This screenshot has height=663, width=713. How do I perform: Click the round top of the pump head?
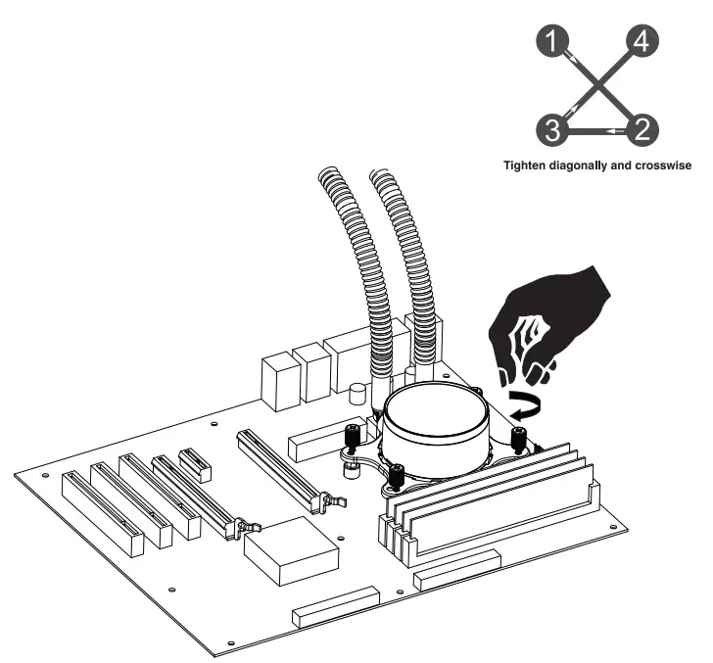point(437,412)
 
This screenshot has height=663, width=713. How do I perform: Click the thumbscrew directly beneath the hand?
point(519,434)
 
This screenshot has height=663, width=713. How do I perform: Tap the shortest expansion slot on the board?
point(196,464)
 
